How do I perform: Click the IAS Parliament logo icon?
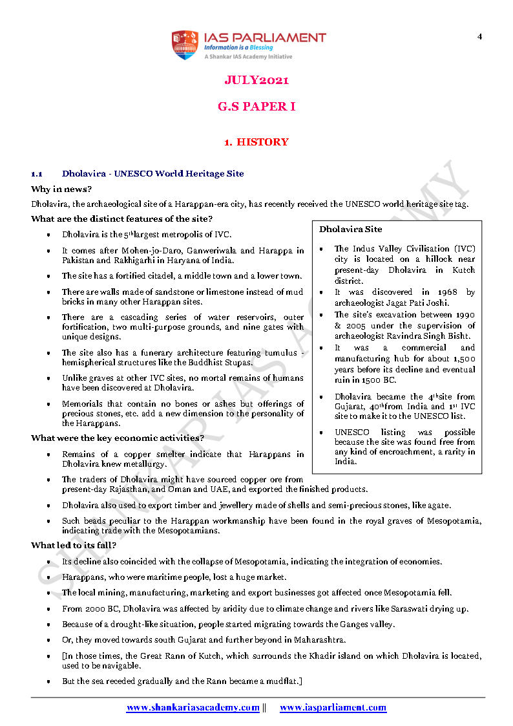[x=184, y=45]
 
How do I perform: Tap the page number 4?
[x=479, y=36]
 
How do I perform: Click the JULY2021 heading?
[x=256, y=80]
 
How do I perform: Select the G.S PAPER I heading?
[x=256, y=107]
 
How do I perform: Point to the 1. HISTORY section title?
[x=256, y=142]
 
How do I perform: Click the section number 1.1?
[x=37, y=174]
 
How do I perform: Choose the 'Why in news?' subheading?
[x=61, y=189]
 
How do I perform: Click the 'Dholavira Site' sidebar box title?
[x=350, y=229]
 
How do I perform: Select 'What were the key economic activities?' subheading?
[x=118, y=438]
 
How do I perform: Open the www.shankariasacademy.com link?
[x=193, y=707]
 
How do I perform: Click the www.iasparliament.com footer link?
[x=333, y=707]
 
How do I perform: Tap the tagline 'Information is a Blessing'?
[x=238, y=47]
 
